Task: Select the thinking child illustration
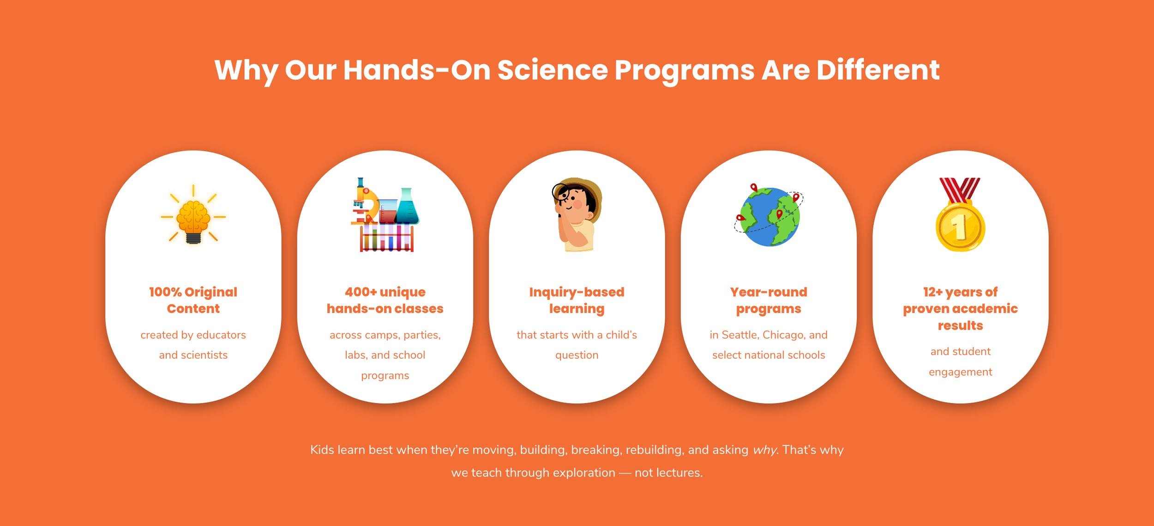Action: [577, 214]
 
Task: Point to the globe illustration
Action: [769, 216]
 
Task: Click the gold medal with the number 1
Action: [960, 226]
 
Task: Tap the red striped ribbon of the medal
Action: [960, 189]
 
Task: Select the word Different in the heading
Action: [878, 70]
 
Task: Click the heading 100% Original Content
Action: [193, 300]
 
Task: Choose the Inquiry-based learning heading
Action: [577, 300]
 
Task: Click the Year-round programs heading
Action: [769, 300]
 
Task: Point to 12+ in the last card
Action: [932, 292]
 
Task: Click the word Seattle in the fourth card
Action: [739, 335]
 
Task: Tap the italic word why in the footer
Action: [764, 450]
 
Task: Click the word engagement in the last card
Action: [960, 372]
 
